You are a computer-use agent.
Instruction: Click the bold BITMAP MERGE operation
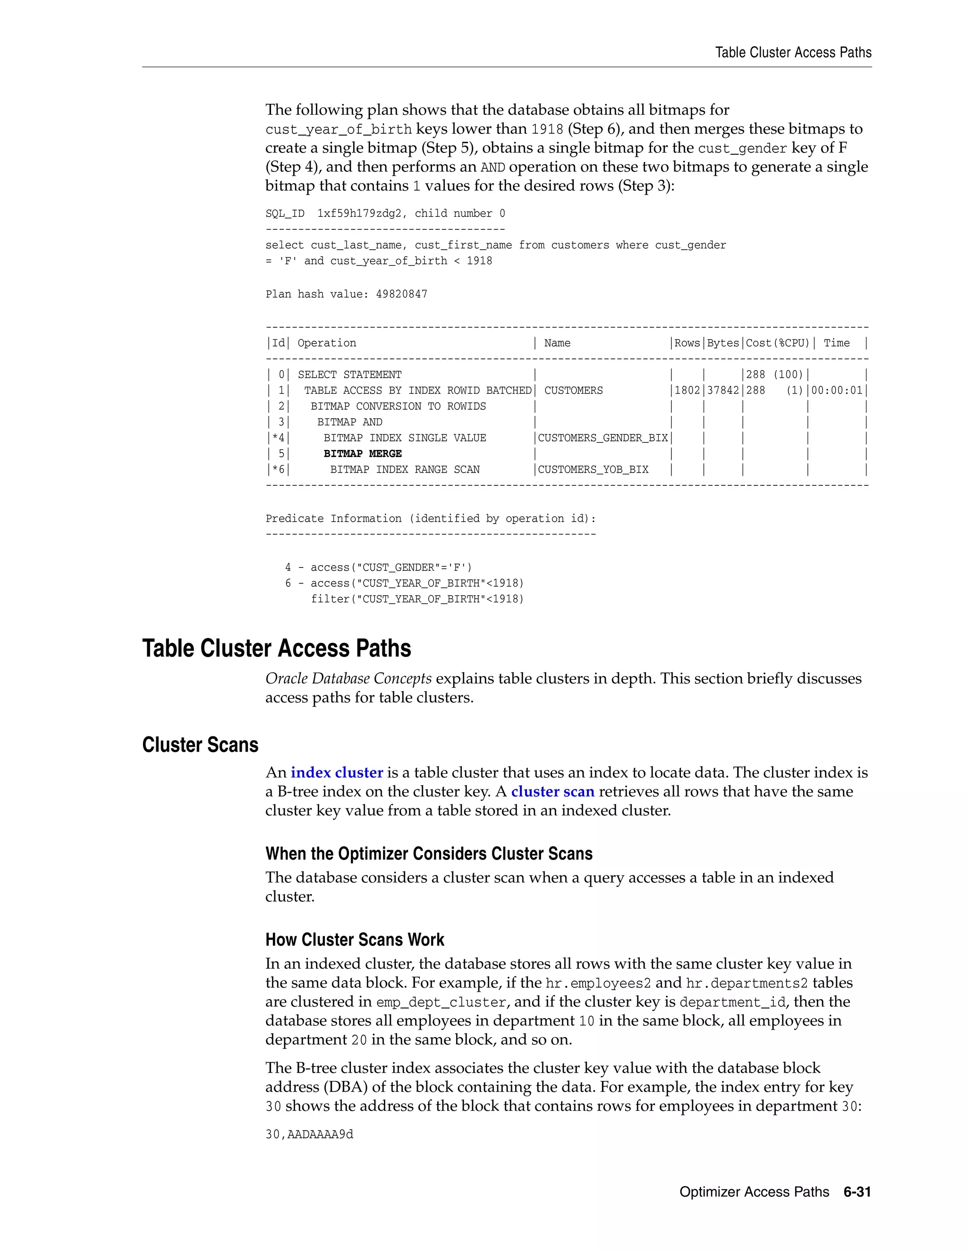pyautogui.click(x=362, y=453)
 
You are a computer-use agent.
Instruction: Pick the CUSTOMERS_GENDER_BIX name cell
pyautogui.click(x=602, y=438)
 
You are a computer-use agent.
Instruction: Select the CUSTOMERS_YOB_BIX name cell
pyautogui.click(x=593, y=469)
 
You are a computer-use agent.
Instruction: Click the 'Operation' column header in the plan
pyautogui.click(x=327, y=343)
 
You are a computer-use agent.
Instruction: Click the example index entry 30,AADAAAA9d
pyautogui.click(x=309, y=1133)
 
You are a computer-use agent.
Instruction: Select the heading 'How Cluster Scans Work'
pyautogui.click(x=355, y=939)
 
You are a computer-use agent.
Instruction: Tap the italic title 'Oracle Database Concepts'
pyautogui.click(x=348, y=678)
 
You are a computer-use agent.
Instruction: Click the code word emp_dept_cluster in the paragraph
pyautogui.click(x=441, y=1002)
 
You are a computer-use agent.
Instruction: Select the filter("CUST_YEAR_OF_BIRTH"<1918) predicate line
pyautogui.click(x=417, y=599)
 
